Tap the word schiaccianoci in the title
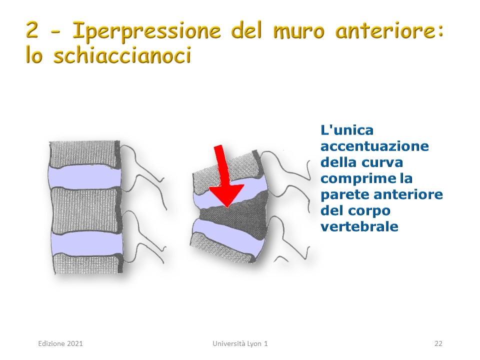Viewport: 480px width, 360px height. click(122, 55)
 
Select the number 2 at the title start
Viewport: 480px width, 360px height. click(32, 30)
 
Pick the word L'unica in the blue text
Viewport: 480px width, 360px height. click(347, 130)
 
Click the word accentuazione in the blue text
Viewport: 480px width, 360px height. click(374, 146)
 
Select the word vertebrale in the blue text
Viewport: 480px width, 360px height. click(359, 226)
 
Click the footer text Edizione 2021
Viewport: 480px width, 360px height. click(60, 343)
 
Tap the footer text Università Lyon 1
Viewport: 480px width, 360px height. click(240, 343)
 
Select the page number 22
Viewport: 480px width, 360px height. click(438, 343)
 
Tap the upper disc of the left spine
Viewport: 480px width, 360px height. click(83, 177)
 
